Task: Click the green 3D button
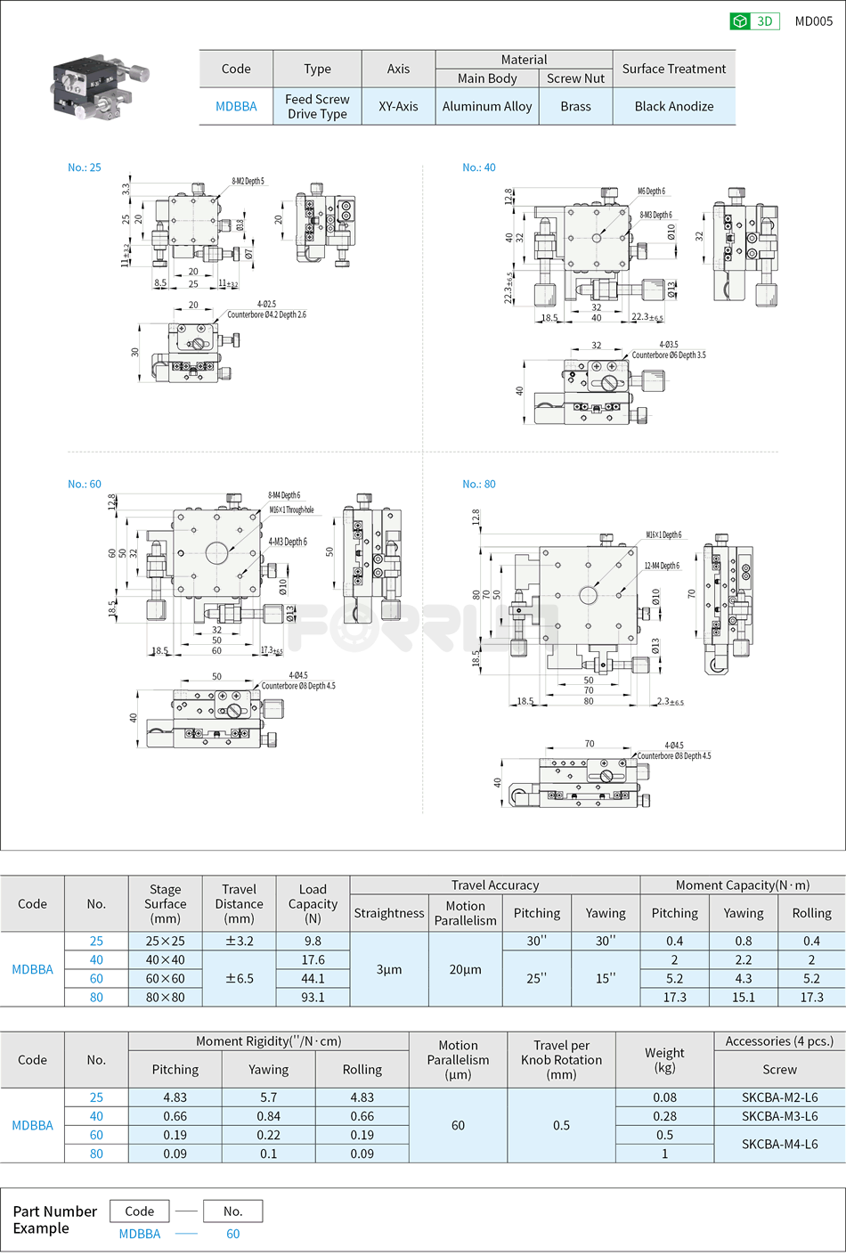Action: click(x=753, y=21)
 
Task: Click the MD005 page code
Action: click(x=813, y=21)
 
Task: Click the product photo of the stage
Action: click(x=98, y=87)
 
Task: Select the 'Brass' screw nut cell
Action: click(x=575, y=106)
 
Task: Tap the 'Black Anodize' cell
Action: click(x=673, y=106)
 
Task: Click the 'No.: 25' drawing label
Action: click(x=85, y=167)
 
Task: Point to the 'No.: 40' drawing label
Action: click(x=478, y=167)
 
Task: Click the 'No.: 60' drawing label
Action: click(x=85, y=485)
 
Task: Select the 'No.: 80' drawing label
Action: click(x=478, y=485)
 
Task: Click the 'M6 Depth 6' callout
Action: click(x=651, y=192)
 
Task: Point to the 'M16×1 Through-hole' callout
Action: click(x=291, y=510)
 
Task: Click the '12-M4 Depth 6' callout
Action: click(x=662, y=566)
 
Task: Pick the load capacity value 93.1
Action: click(x=313, y=998)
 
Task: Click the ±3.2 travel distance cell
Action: click(x=239, y=942)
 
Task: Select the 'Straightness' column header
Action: click(x=389, y=913)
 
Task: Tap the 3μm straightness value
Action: click(x=389, y=969)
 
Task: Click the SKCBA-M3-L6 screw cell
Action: click(x=779, y=1116)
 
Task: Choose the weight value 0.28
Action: click(x=664, y=1116)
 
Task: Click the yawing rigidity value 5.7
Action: click(x=268, y=1097)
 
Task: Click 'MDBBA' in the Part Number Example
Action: click(x=140, y=1234)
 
